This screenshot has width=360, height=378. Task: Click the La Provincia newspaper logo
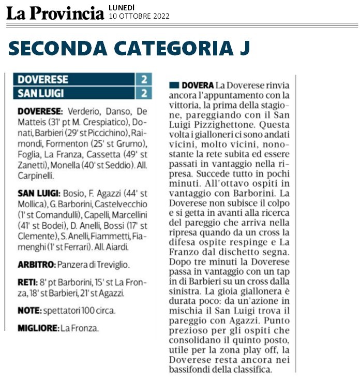(55, 12)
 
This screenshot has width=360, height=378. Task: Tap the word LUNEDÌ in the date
(122, 7)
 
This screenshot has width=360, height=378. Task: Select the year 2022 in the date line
(159, 16)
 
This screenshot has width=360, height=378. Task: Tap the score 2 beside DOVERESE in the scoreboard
(144, 80)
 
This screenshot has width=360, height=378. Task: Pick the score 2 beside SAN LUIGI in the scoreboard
(144, 93)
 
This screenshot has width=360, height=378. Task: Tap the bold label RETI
(27, 283)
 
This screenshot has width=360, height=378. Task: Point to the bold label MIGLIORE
(37, 328)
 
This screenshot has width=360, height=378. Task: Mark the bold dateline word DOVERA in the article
(197, 84)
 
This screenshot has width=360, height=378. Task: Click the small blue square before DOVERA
(174, 84)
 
